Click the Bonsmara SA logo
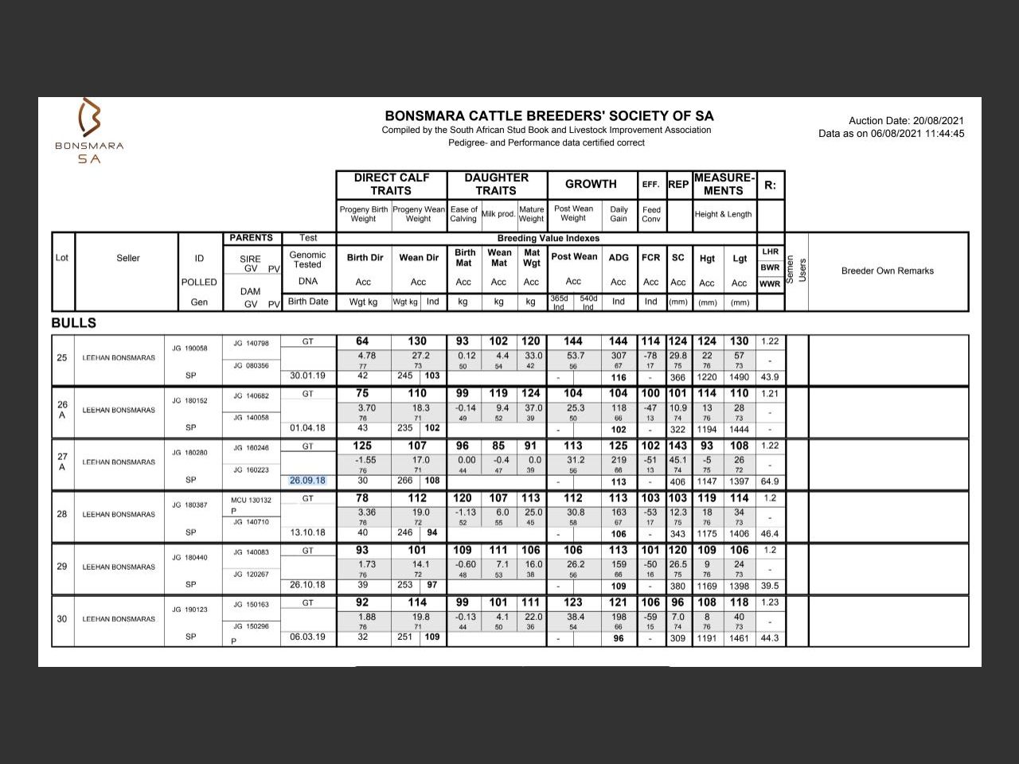tap(89, 131)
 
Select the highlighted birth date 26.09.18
tap(307, 480)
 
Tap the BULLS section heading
tap(73, 323)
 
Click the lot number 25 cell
tap(62, 357)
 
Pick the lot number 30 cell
tap(62, 618)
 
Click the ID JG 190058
tap(189, 349)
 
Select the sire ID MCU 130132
tap(251, 501)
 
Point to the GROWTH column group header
tap(591, 184)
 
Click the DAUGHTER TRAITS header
tap(496, 184)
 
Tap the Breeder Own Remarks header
tap(887, 271)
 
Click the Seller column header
tap(127, 258)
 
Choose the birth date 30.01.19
tap(307, 376)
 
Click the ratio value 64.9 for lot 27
tap(769, 481)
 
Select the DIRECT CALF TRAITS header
tap(391, 184)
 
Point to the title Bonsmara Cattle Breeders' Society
tap(549, 115)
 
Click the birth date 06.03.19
tap(307, 637)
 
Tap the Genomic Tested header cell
tap(307, 259)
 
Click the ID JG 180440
tap(189, 558)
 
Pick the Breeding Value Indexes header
tap(549, 238)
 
